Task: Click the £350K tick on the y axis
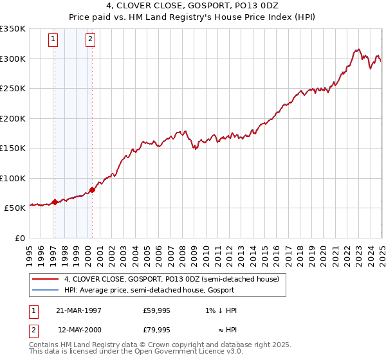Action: [13, 29]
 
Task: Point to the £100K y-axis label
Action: [13, 178]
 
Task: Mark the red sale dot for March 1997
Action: [55, 202]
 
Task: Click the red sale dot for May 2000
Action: [92, 190]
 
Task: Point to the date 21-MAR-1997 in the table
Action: [79, 310]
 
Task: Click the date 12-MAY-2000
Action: [79, 330]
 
